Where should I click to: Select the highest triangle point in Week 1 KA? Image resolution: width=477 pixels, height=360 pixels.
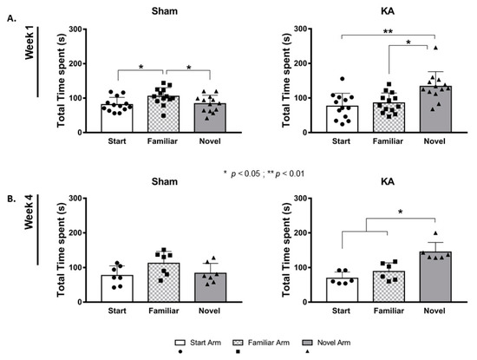coord(436,49)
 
